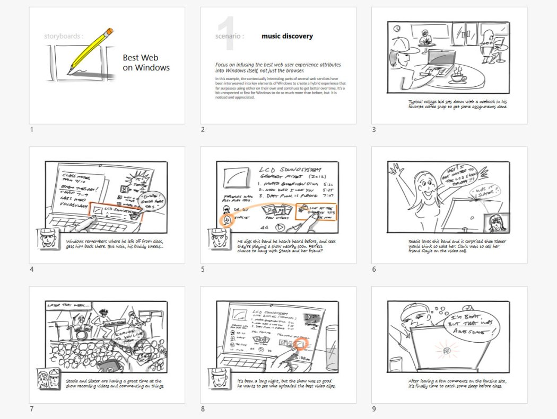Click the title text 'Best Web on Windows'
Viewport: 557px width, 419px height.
click(x=146, y=63)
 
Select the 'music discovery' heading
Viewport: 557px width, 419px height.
click(x=287, y=37)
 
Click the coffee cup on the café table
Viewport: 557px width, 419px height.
click(x=458, y=78)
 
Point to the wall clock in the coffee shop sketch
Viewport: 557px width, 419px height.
click(x=397, y=28)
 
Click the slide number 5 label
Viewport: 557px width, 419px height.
click(x=203, y=269)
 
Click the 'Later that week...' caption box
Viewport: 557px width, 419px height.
click(x=69, y=306)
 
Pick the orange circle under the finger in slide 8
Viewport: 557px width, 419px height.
click(x=302, y=344)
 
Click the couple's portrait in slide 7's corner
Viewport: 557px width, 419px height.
click(x=47, y=380)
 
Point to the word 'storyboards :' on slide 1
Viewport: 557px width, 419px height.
click(x=64, y=37)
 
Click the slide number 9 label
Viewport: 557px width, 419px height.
click(x=374, y=408)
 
